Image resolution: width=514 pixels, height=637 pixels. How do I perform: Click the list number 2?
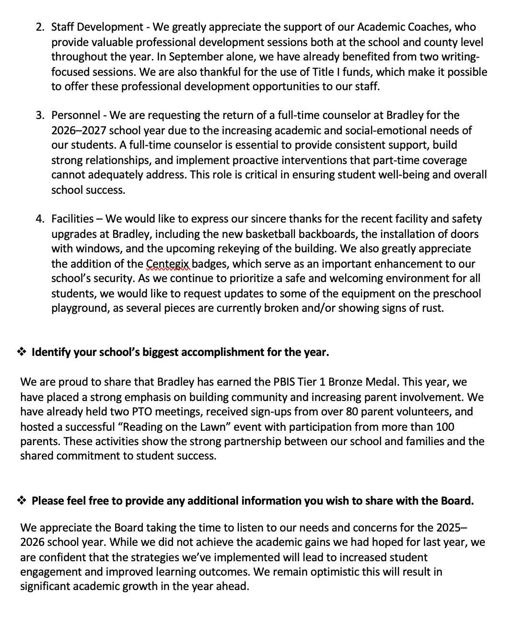(x=39, y=27)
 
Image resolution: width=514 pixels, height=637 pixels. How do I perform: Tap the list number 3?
(x=39, y=116)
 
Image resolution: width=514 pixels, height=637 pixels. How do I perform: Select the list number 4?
(x=39, y=219)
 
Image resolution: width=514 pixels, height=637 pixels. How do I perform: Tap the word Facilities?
(x=72, y=219)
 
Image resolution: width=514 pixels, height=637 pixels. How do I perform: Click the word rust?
(x=432, y=308)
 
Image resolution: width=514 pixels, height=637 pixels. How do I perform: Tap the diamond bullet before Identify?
(x=22, y=353)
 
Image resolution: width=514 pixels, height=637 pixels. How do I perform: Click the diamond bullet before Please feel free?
(x=22, y=501)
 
